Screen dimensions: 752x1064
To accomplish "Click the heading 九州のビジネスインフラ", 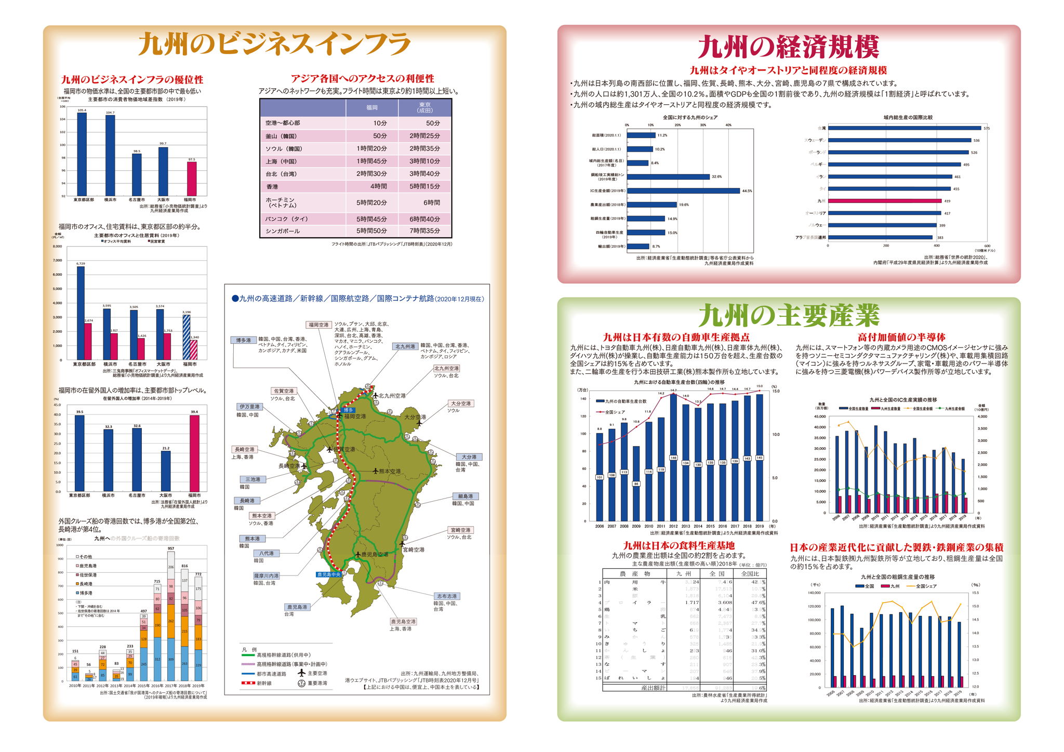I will coord(274,45).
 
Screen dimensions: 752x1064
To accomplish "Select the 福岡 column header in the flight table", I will coord(372,108).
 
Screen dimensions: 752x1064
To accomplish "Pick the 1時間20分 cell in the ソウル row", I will coord(371,149).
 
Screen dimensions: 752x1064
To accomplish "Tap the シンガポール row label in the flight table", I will coord(283,231).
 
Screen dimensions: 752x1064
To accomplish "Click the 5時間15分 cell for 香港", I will coord(424,186).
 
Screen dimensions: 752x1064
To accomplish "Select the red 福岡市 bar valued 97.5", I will coord(192,178).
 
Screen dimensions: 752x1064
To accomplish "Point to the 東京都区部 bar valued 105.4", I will coord(82,153).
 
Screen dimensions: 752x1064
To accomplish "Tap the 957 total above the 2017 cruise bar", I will coord(171,548).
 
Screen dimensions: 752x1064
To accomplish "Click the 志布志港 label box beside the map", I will coord(446,596).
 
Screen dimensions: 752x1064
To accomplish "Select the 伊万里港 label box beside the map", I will coord(249,407).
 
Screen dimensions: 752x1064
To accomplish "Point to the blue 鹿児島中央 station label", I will coord(329,574).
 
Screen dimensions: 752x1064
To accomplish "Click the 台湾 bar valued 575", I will coord(904,128).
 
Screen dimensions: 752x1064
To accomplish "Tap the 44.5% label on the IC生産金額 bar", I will coord(747,191).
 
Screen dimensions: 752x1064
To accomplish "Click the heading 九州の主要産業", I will coord(789,316).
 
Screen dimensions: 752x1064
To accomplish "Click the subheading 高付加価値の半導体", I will coord(901,337).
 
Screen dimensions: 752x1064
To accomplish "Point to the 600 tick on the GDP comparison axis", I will coord(987,246).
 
